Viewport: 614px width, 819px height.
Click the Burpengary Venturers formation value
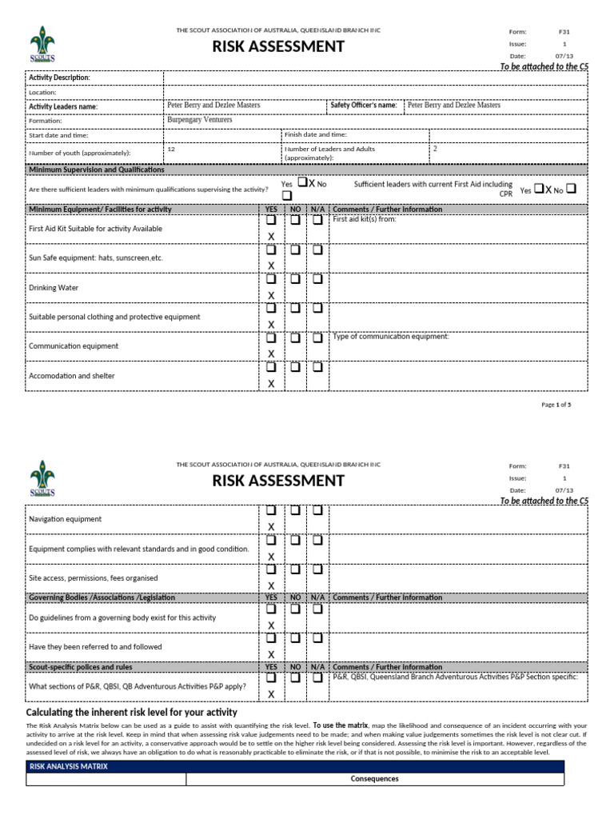(199, 120)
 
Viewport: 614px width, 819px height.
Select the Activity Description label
(59, 78)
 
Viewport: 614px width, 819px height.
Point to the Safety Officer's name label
(363, 105)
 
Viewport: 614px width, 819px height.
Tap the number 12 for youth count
(171, 149)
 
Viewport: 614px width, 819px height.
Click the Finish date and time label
(316, 135)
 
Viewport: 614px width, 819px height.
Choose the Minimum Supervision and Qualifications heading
(96, 170)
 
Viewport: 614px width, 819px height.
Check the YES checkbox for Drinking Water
(271, 279)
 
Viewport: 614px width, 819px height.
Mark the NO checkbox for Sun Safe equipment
(295, 250)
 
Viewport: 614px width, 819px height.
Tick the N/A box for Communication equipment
(317, 338)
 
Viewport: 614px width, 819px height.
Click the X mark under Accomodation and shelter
(271, 384)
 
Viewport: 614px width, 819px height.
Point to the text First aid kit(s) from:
(364, 218)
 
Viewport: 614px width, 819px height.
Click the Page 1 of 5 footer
(556, 405)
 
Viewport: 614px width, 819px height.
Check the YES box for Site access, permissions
(271, 569)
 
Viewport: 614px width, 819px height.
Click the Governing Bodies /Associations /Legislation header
(102, 597)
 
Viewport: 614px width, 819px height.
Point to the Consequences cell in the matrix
(375, 779)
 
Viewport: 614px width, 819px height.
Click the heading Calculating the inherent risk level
(132, 712)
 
